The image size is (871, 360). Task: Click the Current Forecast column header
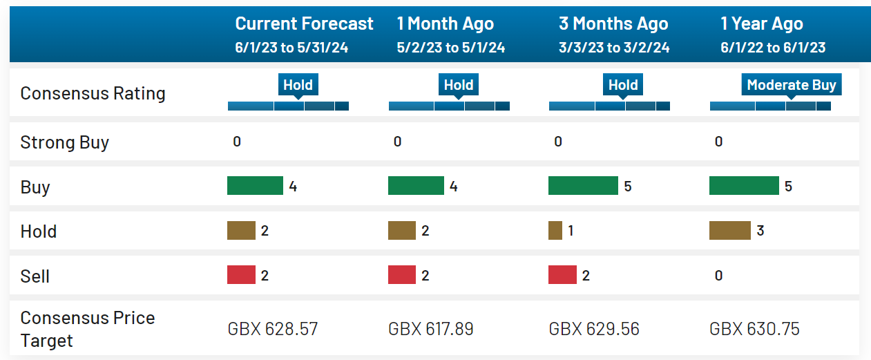coord(304,23)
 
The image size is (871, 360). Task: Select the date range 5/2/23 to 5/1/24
coord(450,48)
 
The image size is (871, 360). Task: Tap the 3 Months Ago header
coord(613,23)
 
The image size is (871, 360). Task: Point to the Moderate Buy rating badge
coord(792,84)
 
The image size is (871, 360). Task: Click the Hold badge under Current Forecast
coord(298,84)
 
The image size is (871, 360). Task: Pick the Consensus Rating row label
coord(93,93)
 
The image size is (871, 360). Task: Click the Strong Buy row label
coord(64,142)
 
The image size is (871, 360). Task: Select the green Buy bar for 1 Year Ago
coord(744,185)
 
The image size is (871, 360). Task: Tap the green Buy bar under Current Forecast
coord(255,185)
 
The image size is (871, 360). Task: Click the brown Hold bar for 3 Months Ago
coord(555,230)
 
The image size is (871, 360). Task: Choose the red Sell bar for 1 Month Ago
coord(402,275)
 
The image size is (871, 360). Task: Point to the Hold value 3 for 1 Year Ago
coord(760,231)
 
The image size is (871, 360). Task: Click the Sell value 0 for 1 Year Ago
coord(718,276)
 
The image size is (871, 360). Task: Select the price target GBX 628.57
coord(273,329)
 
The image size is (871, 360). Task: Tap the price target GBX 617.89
coord(431,329)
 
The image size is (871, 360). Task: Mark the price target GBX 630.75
coord(754,329)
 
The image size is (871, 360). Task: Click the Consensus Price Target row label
coord(88,330)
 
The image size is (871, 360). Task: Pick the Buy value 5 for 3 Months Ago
coord(628,187)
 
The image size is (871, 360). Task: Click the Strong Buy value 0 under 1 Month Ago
coord(397,142)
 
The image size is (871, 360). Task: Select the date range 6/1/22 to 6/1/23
coord(773,48)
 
